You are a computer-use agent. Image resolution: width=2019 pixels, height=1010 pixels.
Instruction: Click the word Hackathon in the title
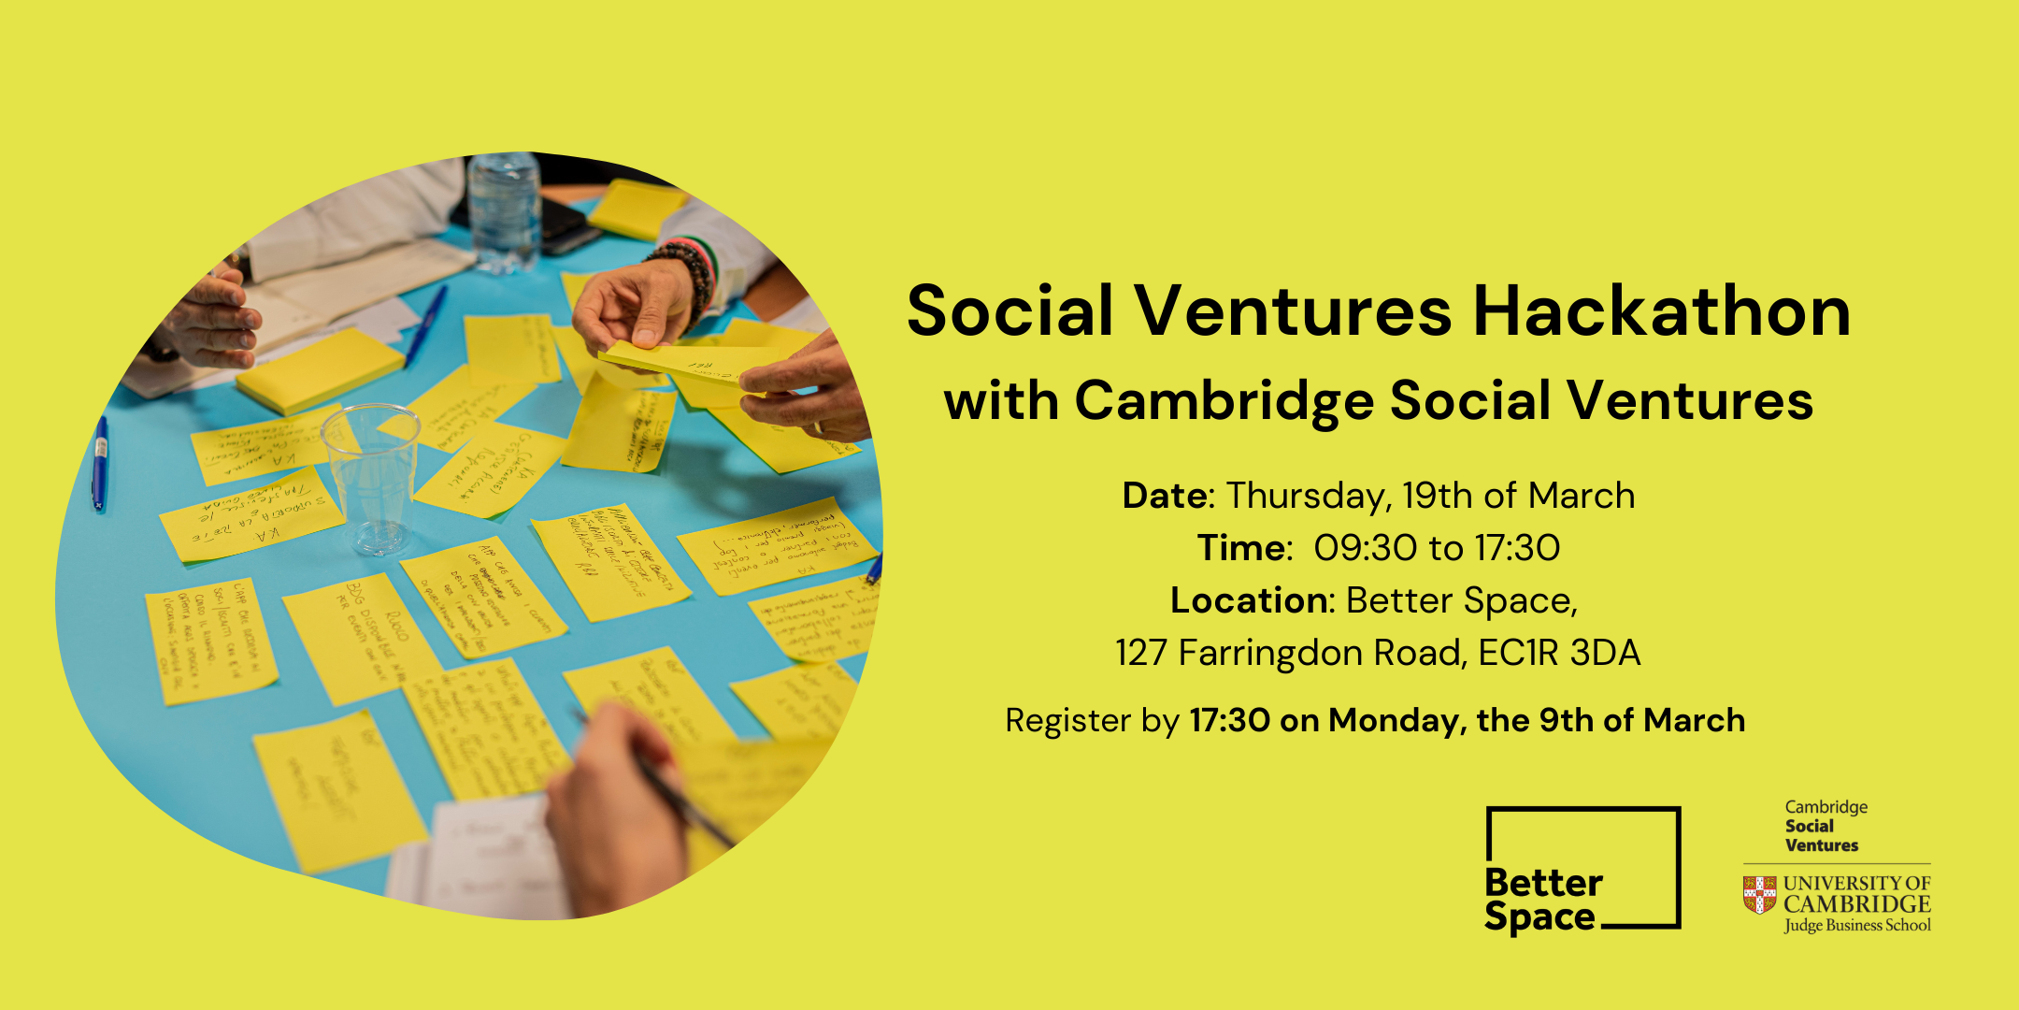point(1661,310)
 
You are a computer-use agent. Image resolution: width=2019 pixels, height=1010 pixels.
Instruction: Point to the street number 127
point(1140,653)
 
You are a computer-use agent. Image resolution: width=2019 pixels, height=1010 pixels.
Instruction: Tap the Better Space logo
point(1582,869)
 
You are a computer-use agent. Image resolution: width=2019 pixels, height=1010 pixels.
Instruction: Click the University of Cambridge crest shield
point(1759,895)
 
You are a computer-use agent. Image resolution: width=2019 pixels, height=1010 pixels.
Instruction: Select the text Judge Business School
point(1856,926)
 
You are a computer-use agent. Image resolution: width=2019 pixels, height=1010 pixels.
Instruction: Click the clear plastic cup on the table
point(371,477)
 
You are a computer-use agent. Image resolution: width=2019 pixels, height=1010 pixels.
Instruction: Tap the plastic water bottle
point(504,210)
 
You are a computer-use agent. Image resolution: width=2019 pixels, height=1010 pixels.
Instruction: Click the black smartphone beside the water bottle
point(568,224)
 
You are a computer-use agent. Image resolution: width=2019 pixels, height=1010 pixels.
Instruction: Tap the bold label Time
point(1242,548)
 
